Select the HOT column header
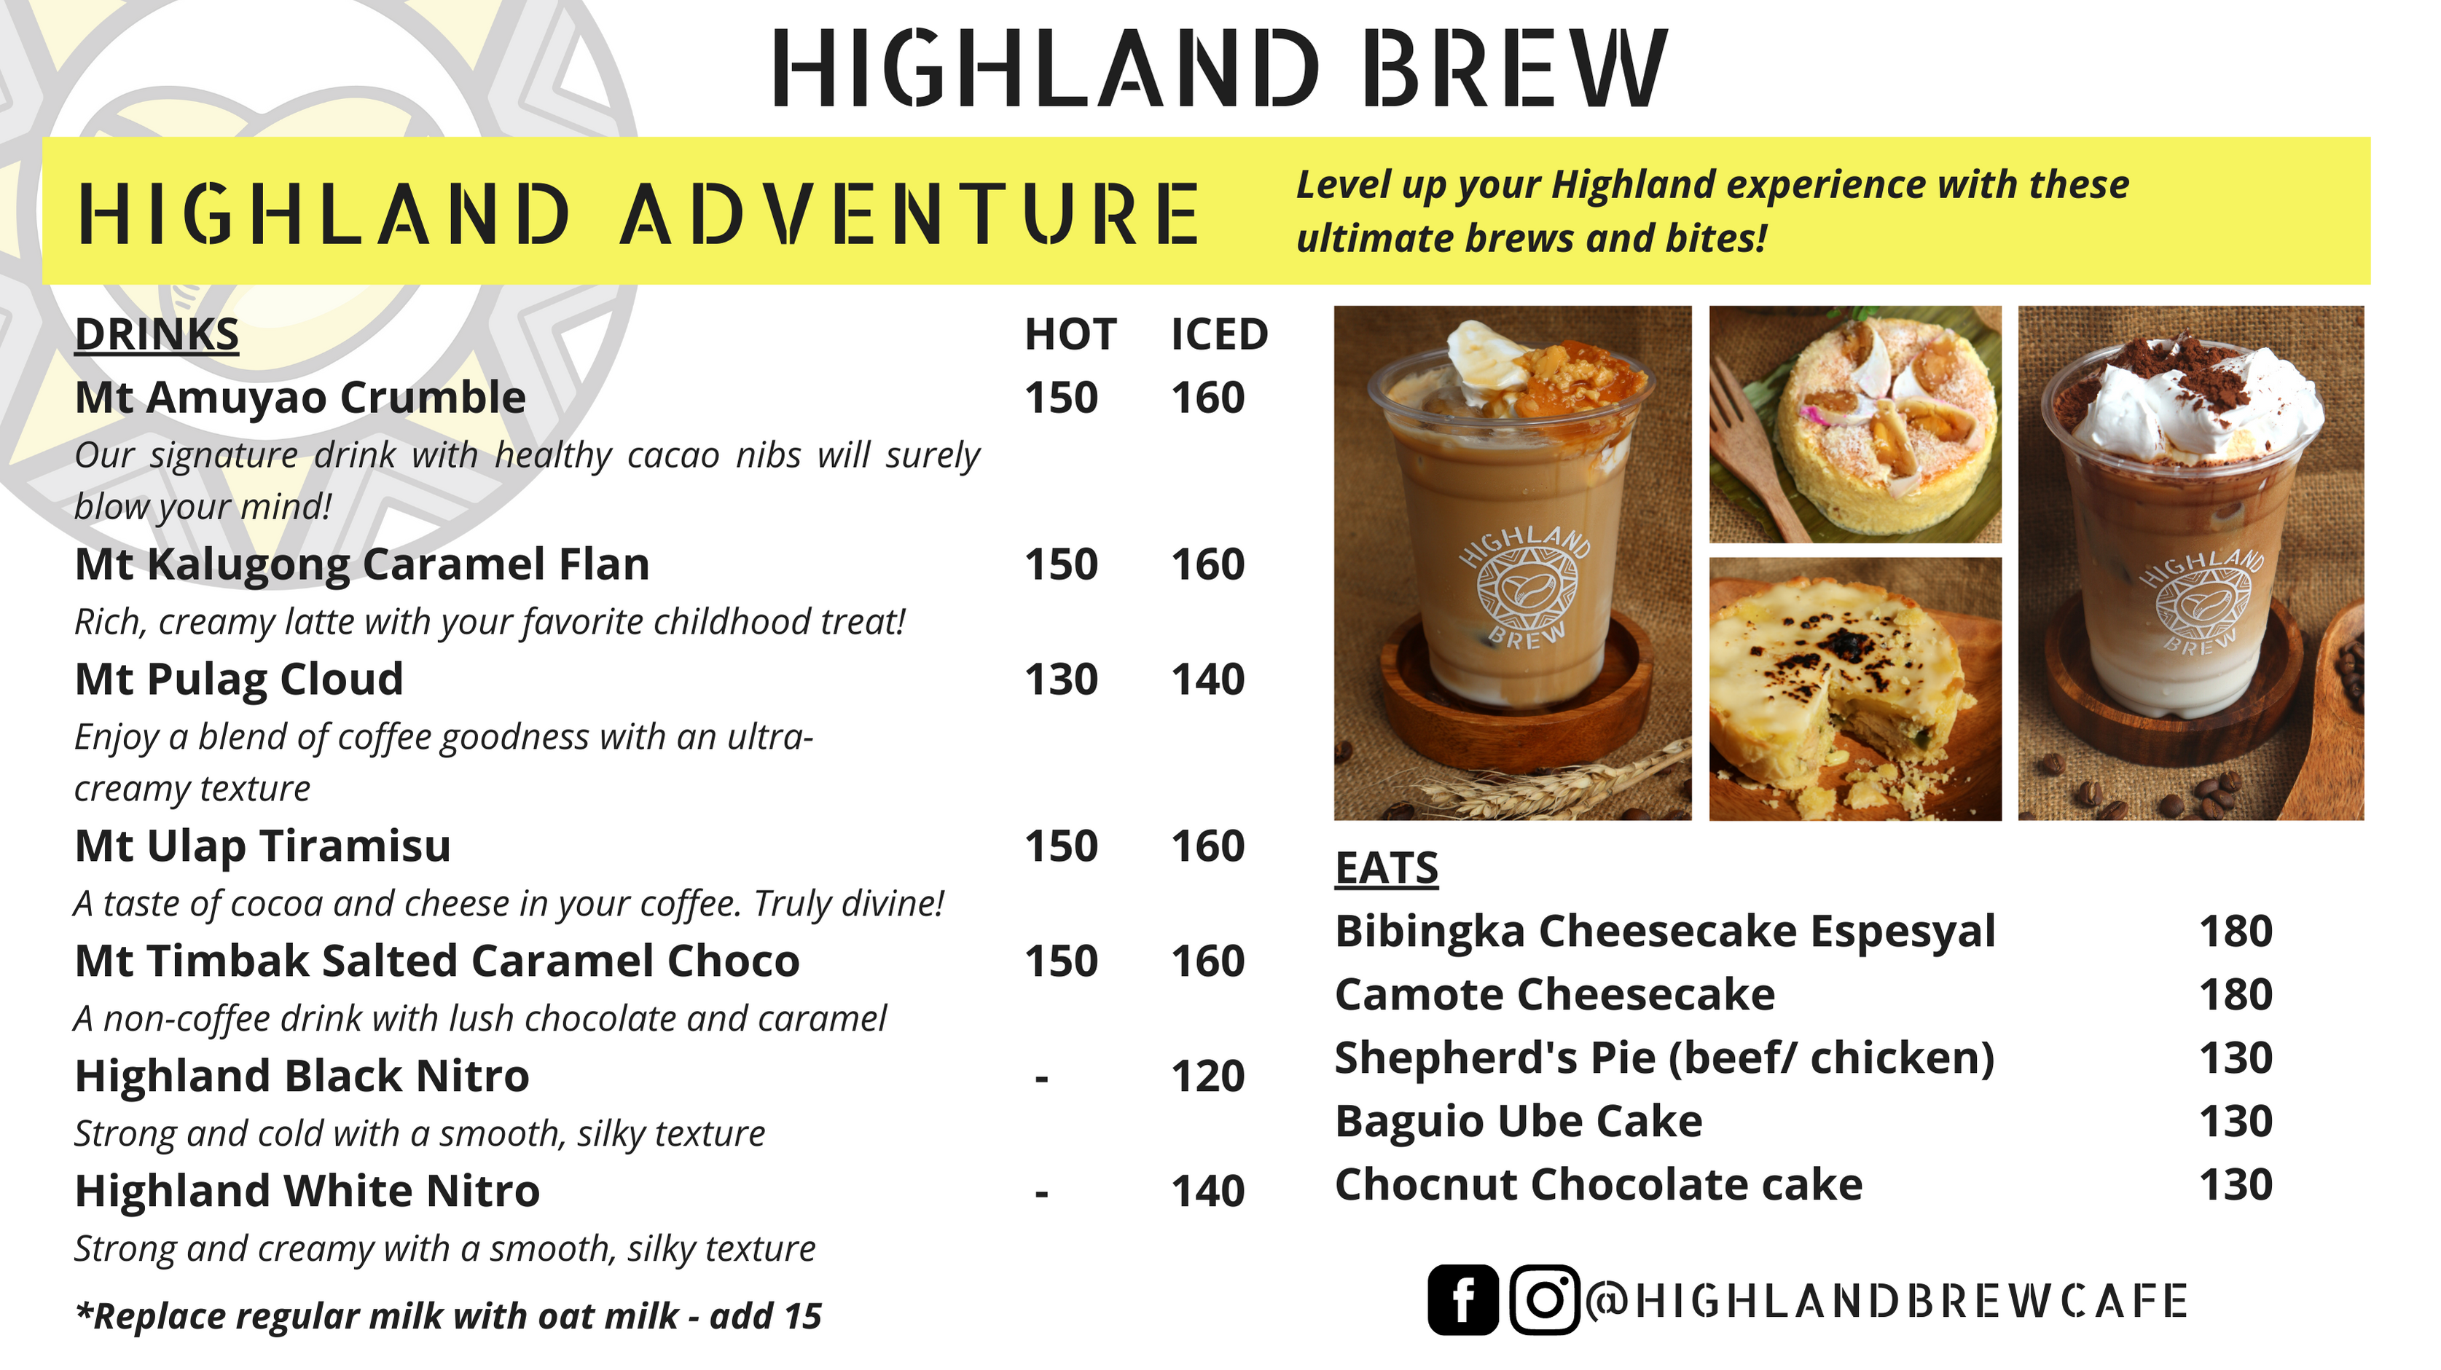1071,334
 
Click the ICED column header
1220,334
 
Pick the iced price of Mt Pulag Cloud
1208,680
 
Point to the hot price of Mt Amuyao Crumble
1062,398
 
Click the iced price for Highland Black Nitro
1208,1076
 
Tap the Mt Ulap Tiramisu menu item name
262,846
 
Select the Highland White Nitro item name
307,1191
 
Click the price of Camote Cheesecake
2236,995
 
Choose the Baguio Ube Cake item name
1519,1122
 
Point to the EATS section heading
1387,868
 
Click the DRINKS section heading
157,334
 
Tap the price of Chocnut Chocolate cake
2236,1185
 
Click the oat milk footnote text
448,1316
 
